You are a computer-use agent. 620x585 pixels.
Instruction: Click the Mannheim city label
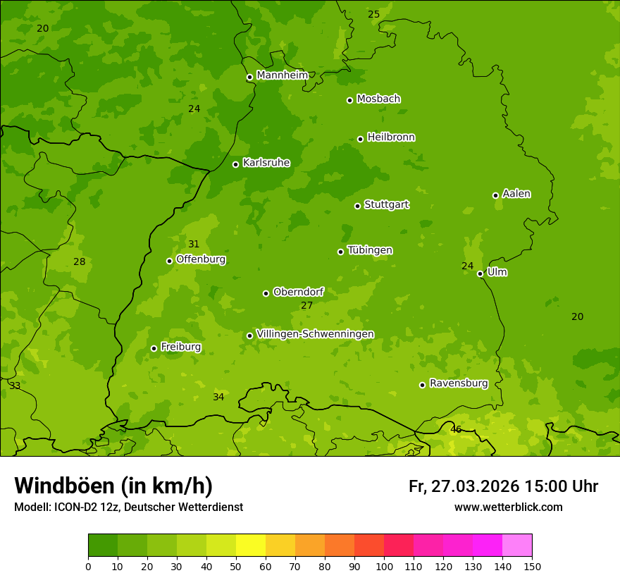coord(282,75)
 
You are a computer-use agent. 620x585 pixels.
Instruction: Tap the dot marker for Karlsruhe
coord(235,164)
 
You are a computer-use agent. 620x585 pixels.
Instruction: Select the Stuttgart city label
coord(386,204)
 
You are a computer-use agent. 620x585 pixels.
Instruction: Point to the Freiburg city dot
coord(154,348)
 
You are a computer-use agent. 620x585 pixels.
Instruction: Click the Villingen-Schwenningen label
coord(315,333)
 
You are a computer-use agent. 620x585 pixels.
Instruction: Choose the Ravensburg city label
coord(458,383)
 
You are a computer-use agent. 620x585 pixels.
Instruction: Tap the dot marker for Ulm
coord(480,273)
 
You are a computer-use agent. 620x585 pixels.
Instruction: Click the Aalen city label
coord(516,194)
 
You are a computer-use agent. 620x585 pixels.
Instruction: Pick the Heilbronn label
coord(391,137)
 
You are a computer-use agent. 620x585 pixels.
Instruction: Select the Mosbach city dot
coord(349,100)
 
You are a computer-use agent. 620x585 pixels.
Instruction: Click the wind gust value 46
coord(456,429)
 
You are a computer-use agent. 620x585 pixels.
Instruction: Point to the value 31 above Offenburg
coord(194,245)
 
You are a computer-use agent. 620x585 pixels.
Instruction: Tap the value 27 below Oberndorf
coord(306,305)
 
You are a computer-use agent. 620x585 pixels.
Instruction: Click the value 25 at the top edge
coord(373,14)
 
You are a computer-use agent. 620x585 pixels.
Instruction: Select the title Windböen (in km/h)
coord(113,486)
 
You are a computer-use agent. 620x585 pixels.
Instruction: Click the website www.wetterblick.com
coord(508,507)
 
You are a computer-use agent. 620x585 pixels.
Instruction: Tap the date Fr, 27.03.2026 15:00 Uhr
coord(503,486)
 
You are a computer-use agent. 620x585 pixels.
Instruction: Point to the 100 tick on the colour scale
coord(384,566)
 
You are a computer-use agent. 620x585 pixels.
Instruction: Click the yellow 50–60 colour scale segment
coord(251,546)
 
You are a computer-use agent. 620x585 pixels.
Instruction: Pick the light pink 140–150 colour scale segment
coord(517,546)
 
